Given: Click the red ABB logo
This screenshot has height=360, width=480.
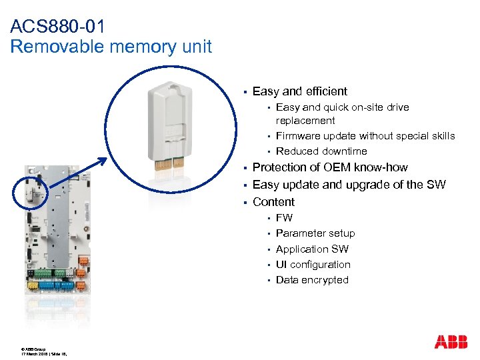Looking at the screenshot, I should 451,342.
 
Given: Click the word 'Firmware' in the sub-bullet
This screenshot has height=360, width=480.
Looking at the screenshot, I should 298,136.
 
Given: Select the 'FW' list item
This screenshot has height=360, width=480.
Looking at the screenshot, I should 284,218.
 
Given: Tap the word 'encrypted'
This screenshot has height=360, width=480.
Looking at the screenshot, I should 325,280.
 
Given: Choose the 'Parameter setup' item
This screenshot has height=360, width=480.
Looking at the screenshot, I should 315,233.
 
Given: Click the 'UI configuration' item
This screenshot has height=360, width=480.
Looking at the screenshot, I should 313,265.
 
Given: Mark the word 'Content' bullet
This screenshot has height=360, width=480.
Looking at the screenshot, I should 273,202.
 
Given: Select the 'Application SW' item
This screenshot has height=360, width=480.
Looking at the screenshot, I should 312,249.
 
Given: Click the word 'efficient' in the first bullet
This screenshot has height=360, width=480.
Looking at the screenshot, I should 325,91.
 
